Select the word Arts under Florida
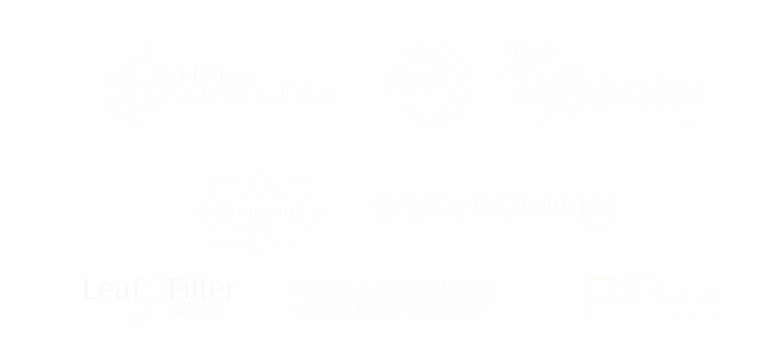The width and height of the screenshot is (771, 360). click(198, 95)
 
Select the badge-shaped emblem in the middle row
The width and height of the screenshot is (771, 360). click(260, 210)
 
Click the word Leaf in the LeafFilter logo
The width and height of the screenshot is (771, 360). click(112, 289)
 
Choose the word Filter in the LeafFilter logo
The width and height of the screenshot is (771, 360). click(202, 288)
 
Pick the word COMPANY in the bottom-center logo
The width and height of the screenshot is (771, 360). click(449, 287)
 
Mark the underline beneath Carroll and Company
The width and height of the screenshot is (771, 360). click(389, 299)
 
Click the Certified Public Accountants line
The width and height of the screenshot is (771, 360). click(389, 309)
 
